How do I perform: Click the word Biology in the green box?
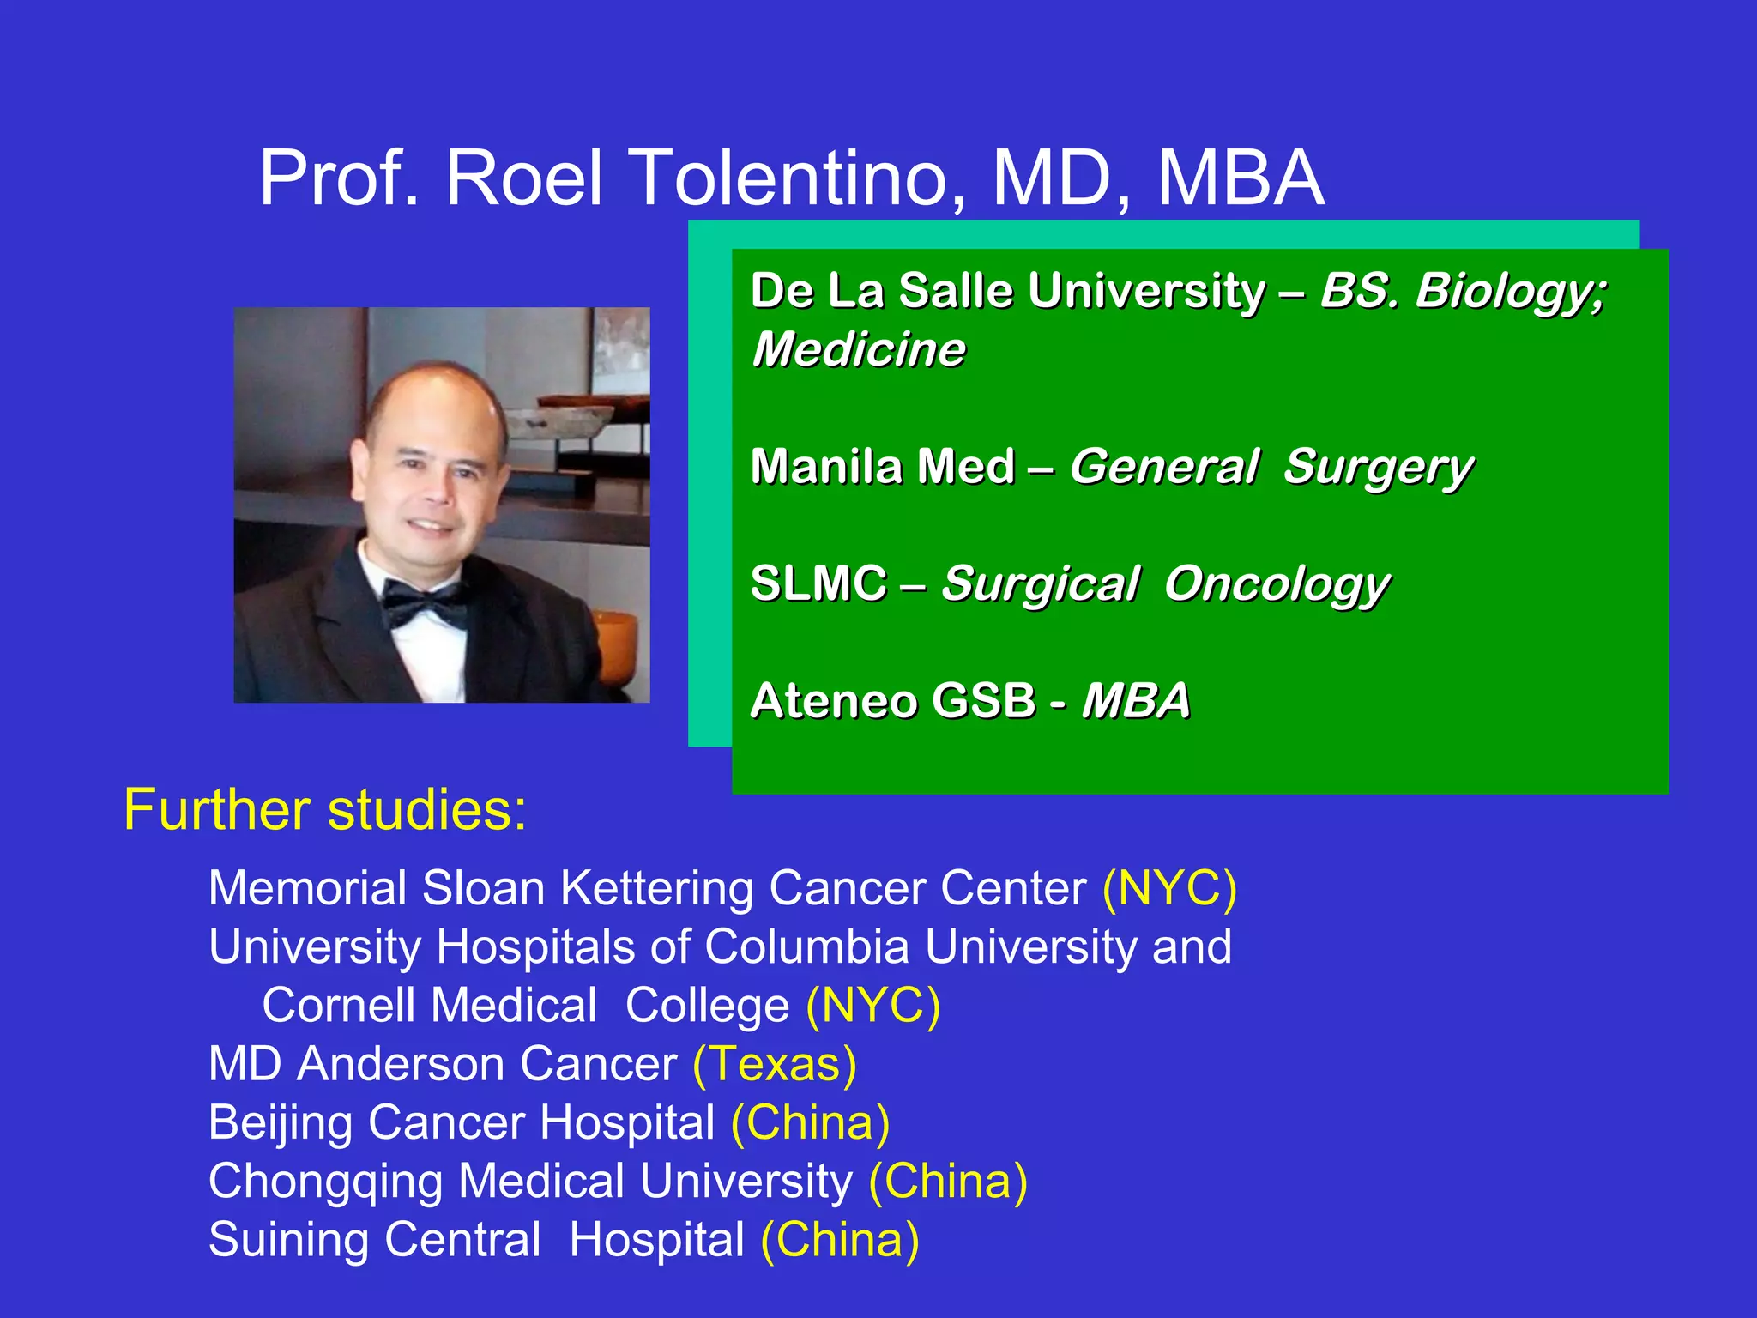[1510, 292]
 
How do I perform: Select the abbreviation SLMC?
[818, 584]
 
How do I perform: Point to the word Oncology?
[1277, 586]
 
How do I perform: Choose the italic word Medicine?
[859, 350]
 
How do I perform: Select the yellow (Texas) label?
[775, 1065]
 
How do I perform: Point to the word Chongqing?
[325, 1182]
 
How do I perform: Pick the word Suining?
[288, 1241]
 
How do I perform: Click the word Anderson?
[401, 1065]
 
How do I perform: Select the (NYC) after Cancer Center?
[1169, 888]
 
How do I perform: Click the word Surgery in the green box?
[1378, 469]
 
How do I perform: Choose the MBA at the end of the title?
[1241, 178]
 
